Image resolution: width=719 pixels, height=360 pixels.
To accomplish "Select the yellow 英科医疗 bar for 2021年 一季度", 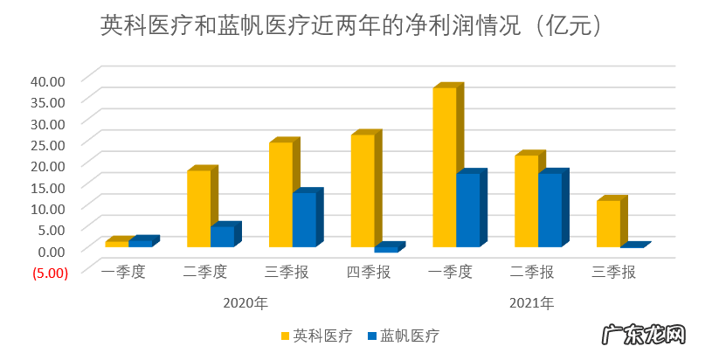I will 445,166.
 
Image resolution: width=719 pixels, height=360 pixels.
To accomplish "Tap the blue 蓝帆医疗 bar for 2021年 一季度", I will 467,210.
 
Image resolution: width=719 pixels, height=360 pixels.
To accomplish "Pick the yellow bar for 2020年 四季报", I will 363,190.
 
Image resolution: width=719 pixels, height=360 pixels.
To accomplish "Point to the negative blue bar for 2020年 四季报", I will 385,249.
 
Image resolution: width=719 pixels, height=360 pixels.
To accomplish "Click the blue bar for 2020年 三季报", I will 303,219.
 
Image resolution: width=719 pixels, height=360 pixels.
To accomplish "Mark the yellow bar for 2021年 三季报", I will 608,224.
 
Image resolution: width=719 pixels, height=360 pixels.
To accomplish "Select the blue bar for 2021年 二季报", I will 550,210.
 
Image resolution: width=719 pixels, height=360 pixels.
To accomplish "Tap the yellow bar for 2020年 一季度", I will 116,244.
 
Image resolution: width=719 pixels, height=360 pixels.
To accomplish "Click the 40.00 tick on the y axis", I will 48,80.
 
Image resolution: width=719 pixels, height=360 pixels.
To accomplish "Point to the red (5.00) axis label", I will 49,272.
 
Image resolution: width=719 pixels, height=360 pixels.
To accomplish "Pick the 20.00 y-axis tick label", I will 48,165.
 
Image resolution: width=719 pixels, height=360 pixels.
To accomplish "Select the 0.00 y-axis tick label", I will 51,250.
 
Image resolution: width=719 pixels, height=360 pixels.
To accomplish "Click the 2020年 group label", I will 245,303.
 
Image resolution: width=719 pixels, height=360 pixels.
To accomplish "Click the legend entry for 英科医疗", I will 316,336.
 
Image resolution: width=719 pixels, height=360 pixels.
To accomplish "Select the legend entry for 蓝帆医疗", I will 403,336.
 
